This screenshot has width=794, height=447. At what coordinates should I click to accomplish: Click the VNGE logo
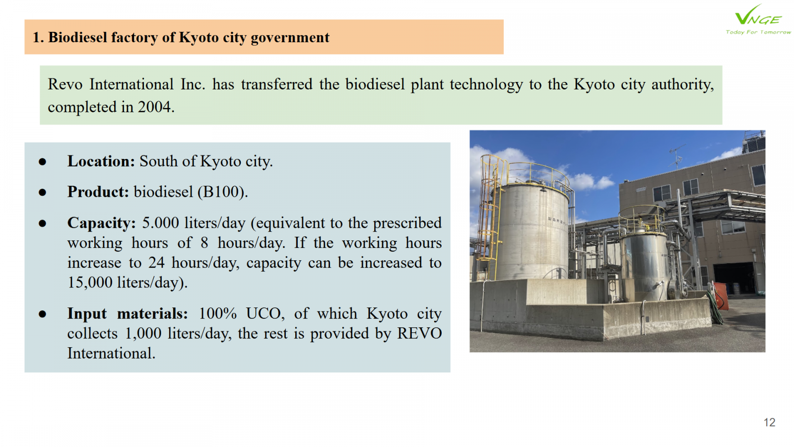(x=758, y=19)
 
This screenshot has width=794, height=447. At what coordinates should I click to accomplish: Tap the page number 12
(x=770, y=423)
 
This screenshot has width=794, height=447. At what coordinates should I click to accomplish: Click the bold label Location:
(x=101, y=161)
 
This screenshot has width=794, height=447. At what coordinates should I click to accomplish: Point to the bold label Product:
(x=98, y=192)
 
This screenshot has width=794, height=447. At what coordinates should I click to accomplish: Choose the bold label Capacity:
(x=101, y=223)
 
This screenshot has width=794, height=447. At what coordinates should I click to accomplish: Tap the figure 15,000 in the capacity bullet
(x=90, y=283)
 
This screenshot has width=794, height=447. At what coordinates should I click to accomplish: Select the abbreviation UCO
(x=265, y=313)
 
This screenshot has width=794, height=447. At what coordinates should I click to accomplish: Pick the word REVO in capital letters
(x=419, y=333)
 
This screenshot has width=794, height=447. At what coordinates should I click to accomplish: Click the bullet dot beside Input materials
(x=43, y=314)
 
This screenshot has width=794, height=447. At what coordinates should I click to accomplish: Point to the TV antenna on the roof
(x=677, y=156)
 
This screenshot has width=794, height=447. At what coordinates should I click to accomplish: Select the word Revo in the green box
(x=65, y=84)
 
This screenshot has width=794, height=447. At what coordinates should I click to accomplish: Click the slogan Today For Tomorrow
(x=758, y=32)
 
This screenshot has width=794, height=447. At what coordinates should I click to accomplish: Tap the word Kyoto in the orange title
(x=198, y=38)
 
